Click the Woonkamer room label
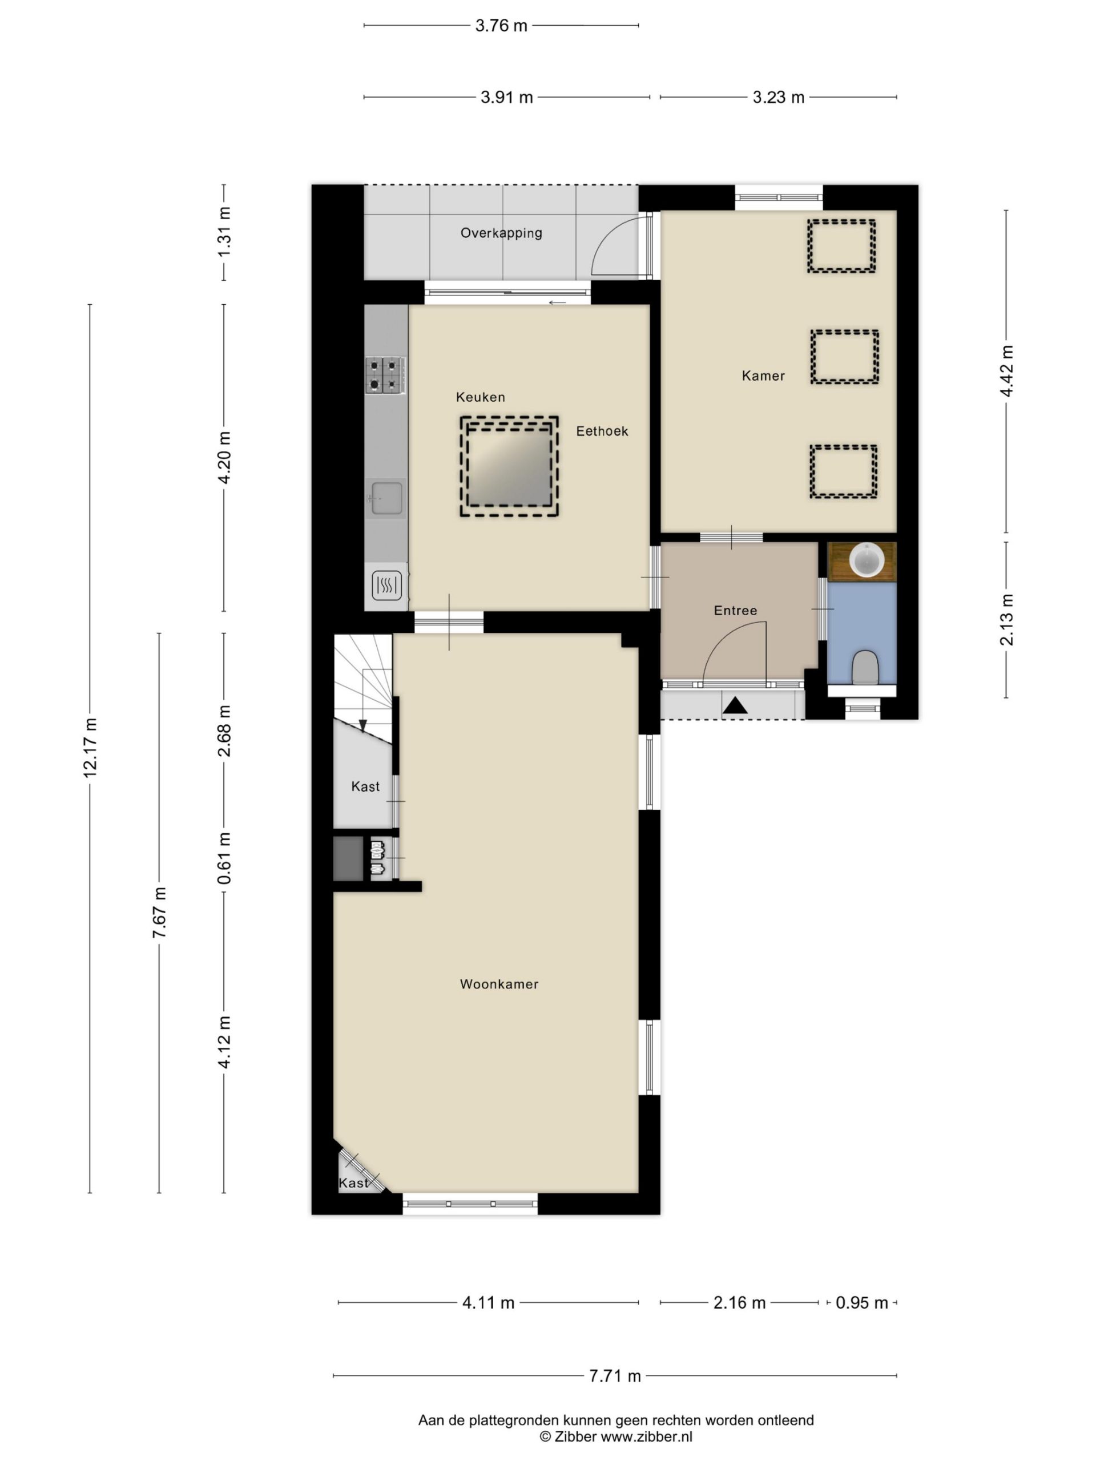click(499, 984)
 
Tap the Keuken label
click(480, 397)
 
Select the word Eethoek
click(602, 431)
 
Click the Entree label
click(735, 610)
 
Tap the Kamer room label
click(763, 376)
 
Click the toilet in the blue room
click(864, 668)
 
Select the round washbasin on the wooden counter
click(866, 560)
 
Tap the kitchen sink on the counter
click(386, 497)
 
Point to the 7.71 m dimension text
click(615, 1376)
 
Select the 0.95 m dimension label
click(861, 1302)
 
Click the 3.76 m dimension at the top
click(501, 26)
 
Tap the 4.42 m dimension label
click(1006, 370)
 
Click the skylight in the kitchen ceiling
click(509, 466)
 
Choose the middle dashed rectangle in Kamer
click(844, 357)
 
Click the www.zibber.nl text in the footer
click(646, 1436)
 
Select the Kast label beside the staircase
click(365, 786)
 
